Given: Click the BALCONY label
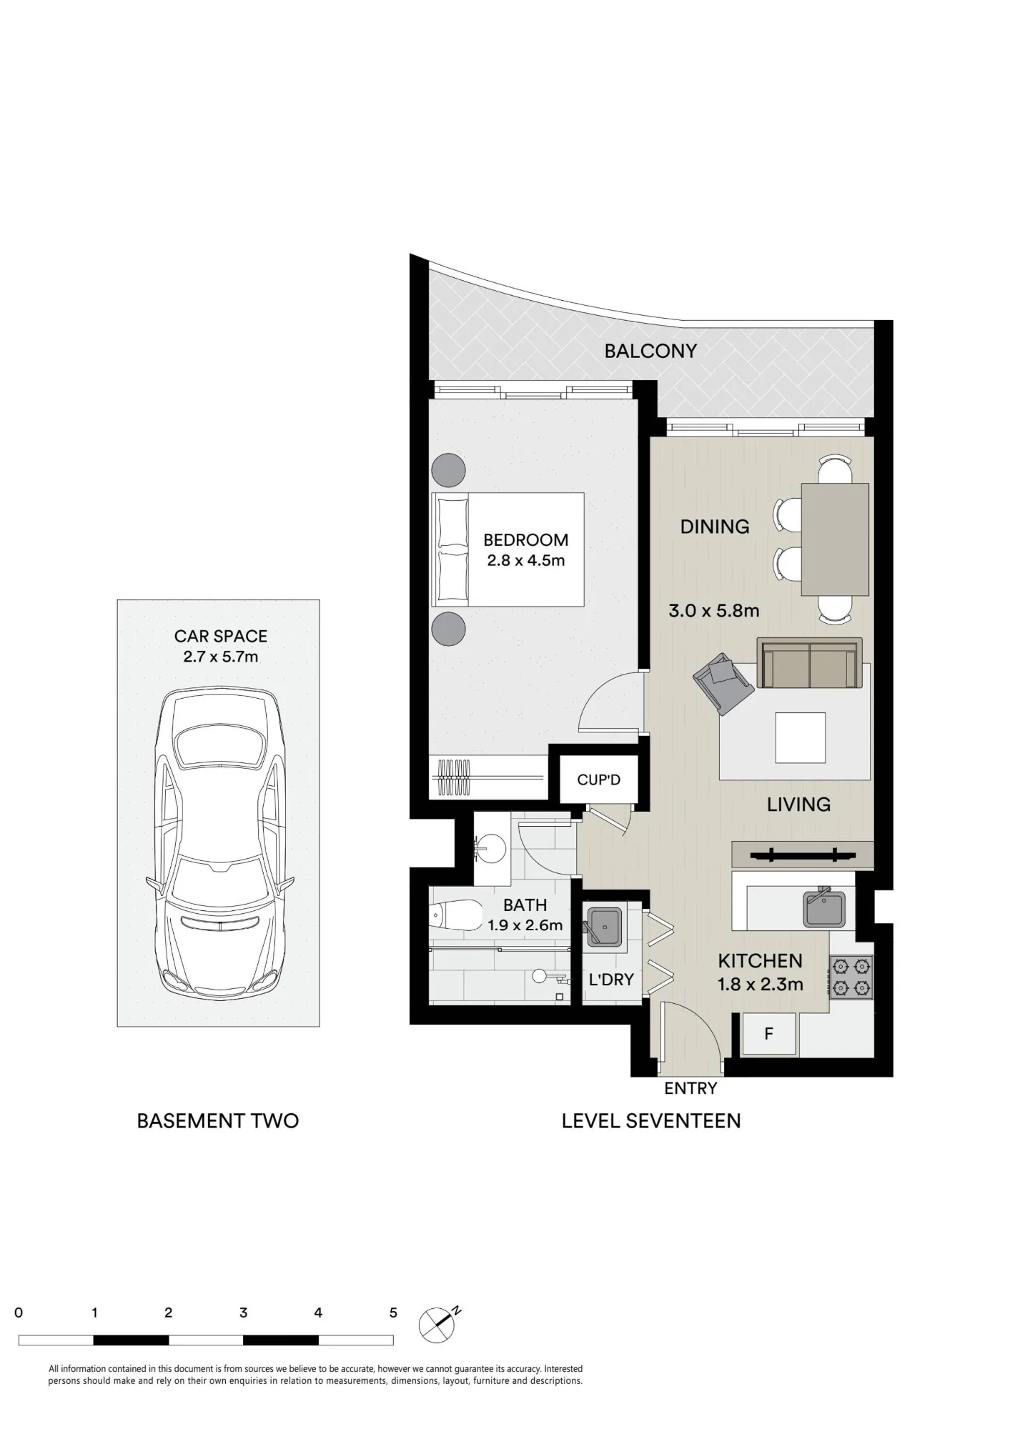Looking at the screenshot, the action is (650, 351).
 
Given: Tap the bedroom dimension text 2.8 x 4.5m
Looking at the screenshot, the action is (526, 561).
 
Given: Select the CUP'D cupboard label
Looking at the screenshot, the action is (598, 780).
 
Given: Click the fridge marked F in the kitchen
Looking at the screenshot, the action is (769, 1034).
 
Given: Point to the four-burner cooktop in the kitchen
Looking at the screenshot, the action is (851, 977).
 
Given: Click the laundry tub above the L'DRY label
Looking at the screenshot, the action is (603, 927).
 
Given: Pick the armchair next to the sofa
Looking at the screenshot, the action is (723, 683).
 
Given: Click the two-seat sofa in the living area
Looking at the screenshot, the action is (809, 664).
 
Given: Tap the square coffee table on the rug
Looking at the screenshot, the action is (800, 737).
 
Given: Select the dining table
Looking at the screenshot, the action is (835, 539).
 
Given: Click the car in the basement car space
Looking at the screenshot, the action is (220, 843).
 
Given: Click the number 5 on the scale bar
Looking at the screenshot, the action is (393, 1313).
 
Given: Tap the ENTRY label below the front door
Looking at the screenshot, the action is (690, 1088).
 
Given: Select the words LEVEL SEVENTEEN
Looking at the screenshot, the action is (651, 1121).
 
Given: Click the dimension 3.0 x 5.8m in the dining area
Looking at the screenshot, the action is (713, 611).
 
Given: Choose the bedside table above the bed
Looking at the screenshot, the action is (449, 470).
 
